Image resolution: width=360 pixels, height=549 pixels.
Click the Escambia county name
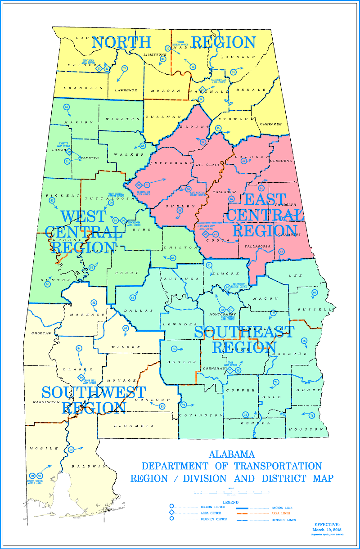pyautogui.click(x=134, y=426)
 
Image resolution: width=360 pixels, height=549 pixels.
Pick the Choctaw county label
pyautogui.click(x=40, y=334)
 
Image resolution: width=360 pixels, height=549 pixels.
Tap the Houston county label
pyautogui.click(x=310, y=429)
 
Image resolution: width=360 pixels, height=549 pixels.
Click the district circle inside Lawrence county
pyautogui.click(x=125, y=68)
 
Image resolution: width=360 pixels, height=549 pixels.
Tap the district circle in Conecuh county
pyautogui.click(x=162, y=406)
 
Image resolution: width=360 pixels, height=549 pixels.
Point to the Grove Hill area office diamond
pyautogui.click(x=81, y=377)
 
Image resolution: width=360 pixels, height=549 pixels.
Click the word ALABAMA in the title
pyautogui.click(x=232, y=454)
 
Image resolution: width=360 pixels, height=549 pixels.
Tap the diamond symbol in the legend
pyautogui.click(x=171, y=513)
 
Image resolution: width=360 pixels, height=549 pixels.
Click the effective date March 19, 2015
pyautogui.click(x=328, y=529)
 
